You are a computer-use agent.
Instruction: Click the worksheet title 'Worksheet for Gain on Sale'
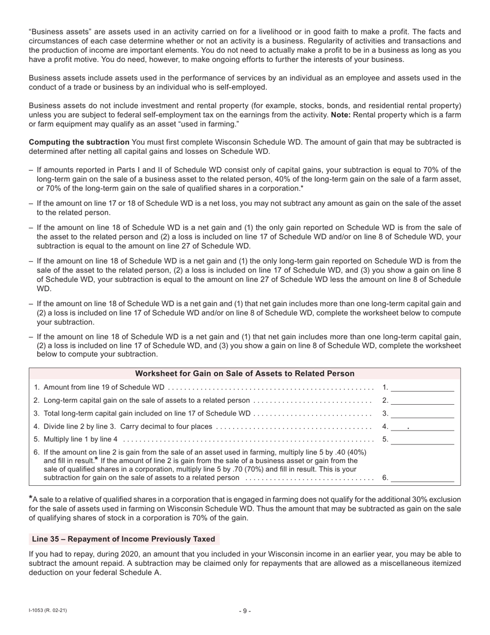[244, 374]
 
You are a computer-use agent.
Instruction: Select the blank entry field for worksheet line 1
[422, 387]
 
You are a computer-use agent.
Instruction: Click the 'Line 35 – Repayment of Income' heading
[124, 539]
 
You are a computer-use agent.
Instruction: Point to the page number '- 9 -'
[245, 611]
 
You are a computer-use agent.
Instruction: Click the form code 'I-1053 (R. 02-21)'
[48, 611]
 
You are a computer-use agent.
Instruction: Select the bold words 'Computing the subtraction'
[79, 142]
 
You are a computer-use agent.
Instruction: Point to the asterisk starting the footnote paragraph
[30, 499]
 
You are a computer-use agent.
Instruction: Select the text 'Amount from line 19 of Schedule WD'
[104, 387]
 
